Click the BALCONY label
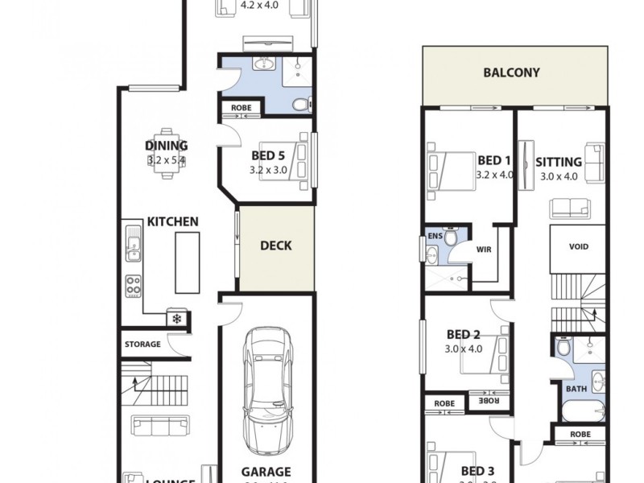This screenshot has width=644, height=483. click(x=511, y=72)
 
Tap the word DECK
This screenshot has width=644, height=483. click(x=275, y=246)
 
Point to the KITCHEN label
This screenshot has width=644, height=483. click(x=172, y=221)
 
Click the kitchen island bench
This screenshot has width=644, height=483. click(x=187, y=262)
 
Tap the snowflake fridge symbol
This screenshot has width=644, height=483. click(x=176, y=319)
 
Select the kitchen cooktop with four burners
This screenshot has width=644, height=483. click(x=133, y=285)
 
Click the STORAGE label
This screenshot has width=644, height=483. click(x=142, y=345)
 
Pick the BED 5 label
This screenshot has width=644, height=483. click(x=267, y=156)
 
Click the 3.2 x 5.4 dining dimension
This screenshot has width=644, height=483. click(x=167, y=160)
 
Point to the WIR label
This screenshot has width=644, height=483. click(x=485, y=249)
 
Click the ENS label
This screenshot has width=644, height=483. click(x=435, y=236)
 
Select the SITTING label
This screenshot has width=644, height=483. click(x=559, y=163)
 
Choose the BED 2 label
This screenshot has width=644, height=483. click(x=463, y=335)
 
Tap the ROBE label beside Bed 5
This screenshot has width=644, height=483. click(x=241, y=108)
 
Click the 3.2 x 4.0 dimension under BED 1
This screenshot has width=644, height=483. click(x=493, y=174)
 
